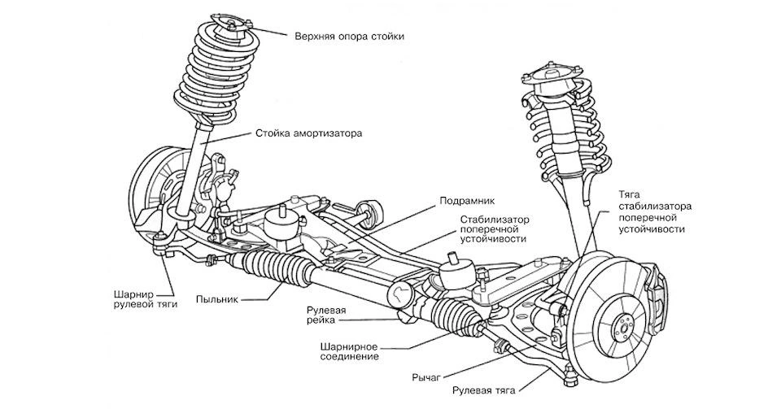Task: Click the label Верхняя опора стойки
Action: click(349, 37)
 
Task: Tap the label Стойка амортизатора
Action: click(309, 134)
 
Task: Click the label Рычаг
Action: click(426, 377)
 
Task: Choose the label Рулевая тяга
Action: click(483, 390)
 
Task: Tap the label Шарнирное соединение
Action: click(349, 351)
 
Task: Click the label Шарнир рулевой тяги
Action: click(145, 298)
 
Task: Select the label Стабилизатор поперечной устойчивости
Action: click(494, 228)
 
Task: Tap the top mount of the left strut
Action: click(231, 24)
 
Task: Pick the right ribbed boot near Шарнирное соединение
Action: click(452, 315)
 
